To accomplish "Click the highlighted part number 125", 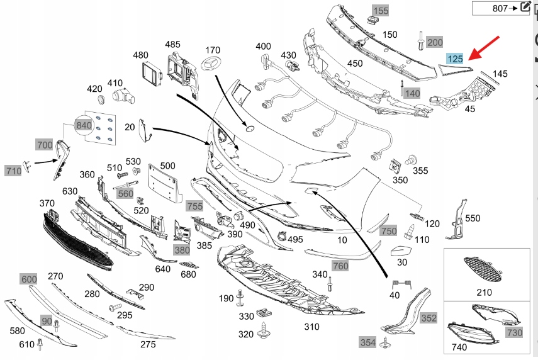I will click(455, 59).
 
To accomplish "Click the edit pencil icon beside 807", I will click(525, 8).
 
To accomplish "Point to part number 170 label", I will click(213, 50).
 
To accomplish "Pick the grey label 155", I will click(381, 11).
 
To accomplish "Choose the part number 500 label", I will click(167, 166).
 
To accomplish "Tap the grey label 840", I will click(83, 125).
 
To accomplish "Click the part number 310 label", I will click(311, 327).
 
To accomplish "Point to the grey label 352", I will click(429, 318).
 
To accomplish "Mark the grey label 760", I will click(340, 266).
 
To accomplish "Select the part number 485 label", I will click(172, 44).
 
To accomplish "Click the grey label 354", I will click(367, 342).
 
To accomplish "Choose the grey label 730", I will click(514, 332).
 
